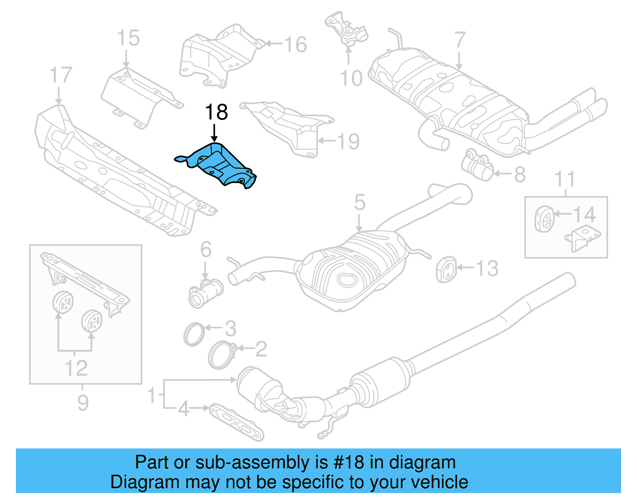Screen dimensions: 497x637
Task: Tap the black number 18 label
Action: (216, 112)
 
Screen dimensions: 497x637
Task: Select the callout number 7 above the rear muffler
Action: (459, 40)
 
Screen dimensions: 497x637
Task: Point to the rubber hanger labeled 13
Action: (446, 269)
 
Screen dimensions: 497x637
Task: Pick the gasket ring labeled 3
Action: (194, 334)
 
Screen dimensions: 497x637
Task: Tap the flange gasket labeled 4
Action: (236, 422)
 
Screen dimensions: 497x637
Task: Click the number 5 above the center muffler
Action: (360, 203)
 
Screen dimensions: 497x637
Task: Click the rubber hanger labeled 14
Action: (543, 218)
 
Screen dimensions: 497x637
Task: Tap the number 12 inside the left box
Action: (76, 368)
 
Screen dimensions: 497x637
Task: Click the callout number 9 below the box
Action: (82, 403)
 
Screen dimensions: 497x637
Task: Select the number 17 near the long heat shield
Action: (61, 75)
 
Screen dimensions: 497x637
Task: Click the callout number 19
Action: (348, 141)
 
